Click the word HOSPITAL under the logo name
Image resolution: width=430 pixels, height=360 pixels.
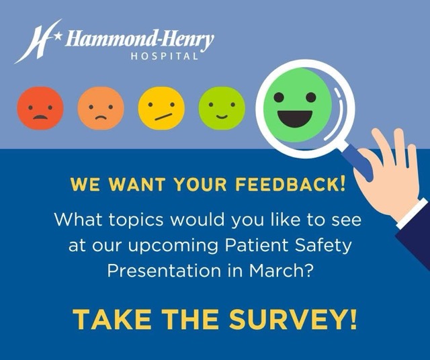tap(165, 56)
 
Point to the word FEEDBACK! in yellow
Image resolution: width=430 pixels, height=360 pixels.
tap(296, 185)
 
